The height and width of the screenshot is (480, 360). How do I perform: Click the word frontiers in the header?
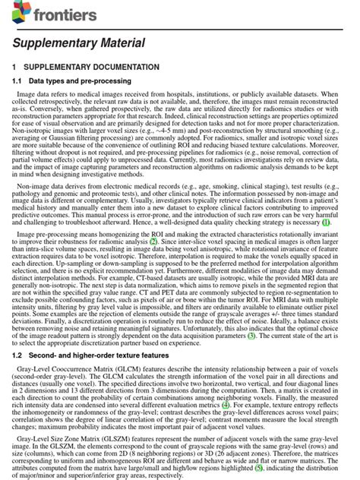65,14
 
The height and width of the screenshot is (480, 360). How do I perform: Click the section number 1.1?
17,80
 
